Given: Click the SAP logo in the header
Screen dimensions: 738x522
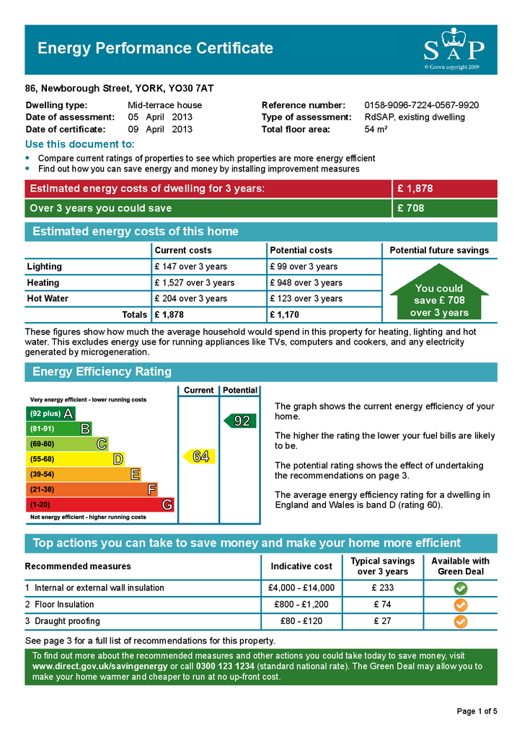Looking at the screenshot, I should click(x=453, y=48).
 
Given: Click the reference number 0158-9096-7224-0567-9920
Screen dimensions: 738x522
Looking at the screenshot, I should click(x=421, y=105).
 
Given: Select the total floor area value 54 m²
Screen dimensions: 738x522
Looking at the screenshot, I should click(x=376, y=130).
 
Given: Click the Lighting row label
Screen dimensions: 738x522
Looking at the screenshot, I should click(x=45, y=267).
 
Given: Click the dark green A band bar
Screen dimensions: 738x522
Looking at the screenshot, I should click(x=50, y=414).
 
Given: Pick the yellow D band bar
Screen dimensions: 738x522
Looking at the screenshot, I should click(x=75, y=459).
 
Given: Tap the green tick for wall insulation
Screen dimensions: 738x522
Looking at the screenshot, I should click(x=461, y=588).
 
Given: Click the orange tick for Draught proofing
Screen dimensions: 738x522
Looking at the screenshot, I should click(x=461, y=621).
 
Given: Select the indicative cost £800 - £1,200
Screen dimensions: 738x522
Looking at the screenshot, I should click(x=301, y=605).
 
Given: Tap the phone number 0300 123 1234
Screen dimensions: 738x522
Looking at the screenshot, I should click(x=225, y=667).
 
